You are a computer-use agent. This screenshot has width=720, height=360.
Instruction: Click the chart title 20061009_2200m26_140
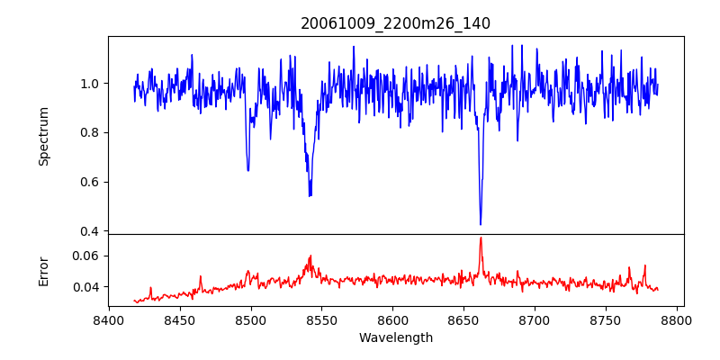point(395,23)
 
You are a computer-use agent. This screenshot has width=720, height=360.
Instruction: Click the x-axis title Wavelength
point(395,338)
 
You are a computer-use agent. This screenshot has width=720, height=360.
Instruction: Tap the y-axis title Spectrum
point(43,136)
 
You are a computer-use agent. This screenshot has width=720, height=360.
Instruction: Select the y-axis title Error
point(43,270)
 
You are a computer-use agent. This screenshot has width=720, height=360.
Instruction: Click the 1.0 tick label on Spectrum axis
point(90,84)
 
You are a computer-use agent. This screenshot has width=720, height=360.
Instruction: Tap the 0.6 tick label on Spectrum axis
point(90,182)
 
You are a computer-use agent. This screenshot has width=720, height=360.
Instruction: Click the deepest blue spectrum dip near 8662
point(481,224)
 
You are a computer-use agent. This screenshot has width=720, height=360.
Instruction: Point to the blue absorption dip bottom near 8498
point(247,170)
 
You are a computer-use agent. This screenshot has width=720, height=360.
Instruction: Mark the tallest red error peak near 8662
point(481,238)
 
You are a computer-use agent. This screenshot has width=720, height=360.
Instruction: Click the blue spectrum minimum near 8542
point(310,195)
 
